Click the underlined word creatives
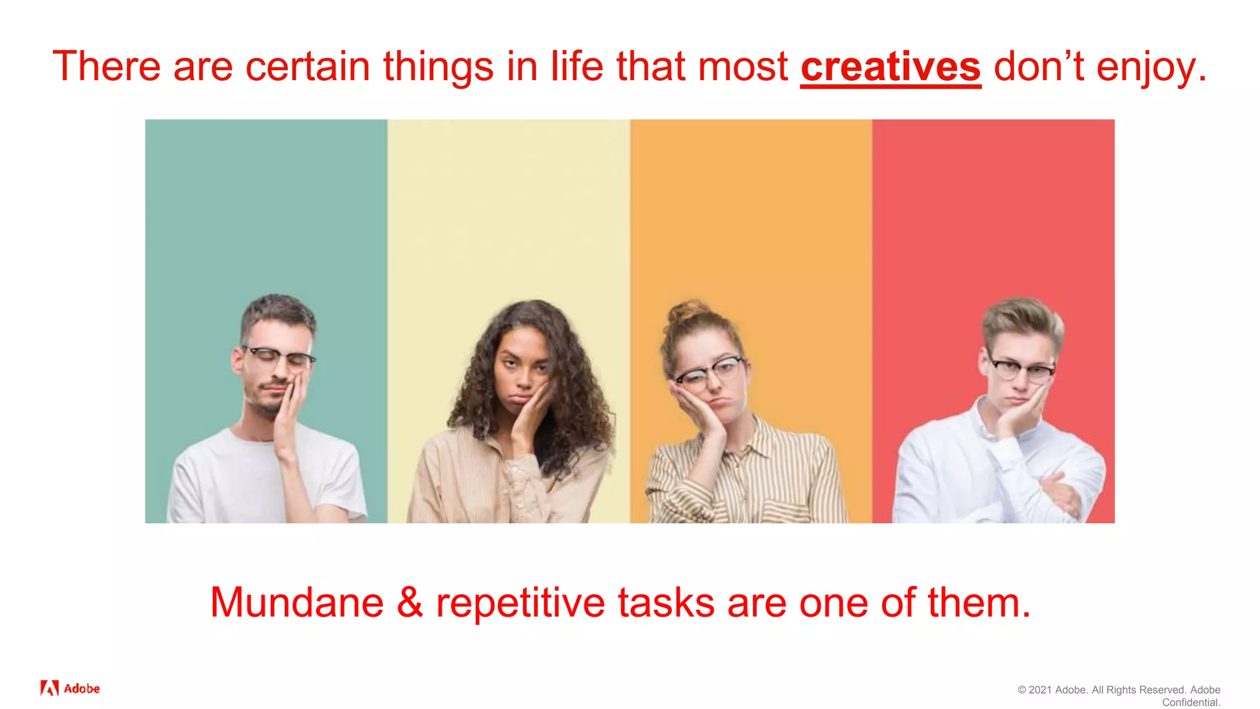[x=890, y=66]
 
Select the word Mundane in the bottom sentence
[x=297, y=603]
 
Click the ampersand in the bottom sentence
[x=410, y=603]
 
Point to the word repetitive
[x=520, y=603]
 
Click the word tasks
[x=666, y=603]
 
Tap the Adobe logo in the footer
[x=70, y=688]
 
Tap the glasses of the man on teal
[x=279, y=356]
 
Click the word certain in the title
[x=308, y=66]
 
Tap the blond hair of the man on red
[x=1022, y=317]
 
